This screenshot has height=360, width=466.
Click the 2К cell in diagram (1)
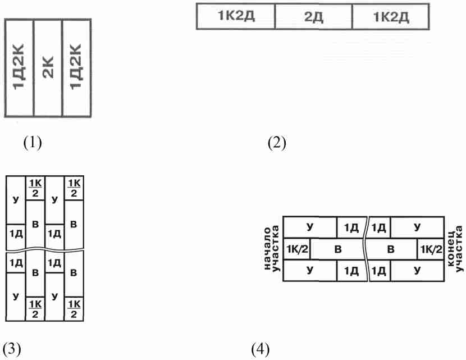pyautogui.click(x=48, y=68)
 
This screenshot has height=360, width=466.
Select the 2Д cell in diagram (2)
pyautogui.click(x=313, y=17)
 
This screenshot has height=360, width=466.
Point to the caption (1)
pyautogui.click(x=33, y=143)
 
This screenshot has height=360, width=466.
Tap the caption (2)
pyautogui.click(x=277, y=143)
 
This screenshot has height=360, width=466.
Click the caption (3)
pyautogui.click(x=12, y=349)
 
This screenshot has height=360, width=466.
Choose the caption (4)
pyautogui.click(x=261, y=349)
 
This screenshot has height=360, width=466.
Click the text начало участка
pyautogui.click(x=272, y=249)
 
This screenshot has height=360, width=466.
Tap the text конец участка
pyautogui.click(x=455, y=249)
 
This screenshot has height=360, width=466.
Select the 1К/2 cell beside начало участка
pyautogui.click(x=297, y=249)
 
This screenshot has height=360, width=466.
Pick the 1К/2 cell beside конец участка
pyautogui.click(x=431, y=249)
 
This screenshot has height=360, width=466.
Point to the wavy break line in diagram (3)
pyautogui.click(x=45, y=250)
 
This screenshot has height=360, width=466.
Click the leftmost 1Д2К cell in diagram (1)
pyautogui.click(x=19, y=68)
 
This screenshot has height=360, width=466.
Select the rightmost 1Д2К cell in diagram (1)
pyautogui.click(x=76, y=68)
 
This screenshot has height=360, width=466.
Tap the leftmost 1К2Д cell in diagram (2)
pyautogui.click(x=236, y=17)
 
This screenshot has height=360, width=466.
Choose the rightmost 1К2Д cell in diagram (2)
pyautogui.click(x=391, y=17)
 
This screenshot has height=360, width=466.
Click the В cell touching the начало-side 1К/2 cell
pyautogui.click(x=338, y=249)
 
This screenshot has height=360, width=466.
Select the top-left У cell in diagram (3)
pyautogui.click(x=16, y=200)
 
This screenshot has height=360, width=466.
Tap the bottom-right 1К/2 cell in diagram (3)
pyautogui.click(x=74, y=309)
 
